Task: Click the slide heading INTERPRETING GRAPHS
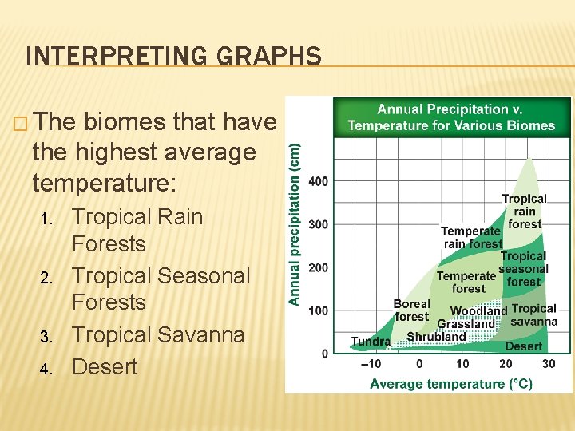tap(173, 57)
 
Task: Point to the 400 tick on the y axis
tap(317, 181)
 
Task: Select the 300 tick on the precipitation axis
tap(317, 224)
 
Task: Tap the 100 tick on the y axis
tap(317, 310)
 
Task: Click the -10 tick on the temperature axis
tap(371, 364)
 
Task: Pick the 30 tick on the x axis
tap(548, 364)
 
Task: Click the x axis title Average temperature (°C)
tap(450, 384)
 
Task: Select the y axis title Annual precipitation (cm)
tap(295, 224)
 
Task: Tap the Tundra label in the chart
tap(371, 342)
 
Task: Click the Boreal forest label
tap(411, 310)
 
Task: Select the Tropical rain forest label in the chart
tap(524, 212)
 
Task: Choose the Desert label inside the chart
tap(523, 346)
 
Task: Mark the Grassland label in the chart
tap(466, 324)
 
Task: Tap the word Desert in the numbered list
tap(105, 366)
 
